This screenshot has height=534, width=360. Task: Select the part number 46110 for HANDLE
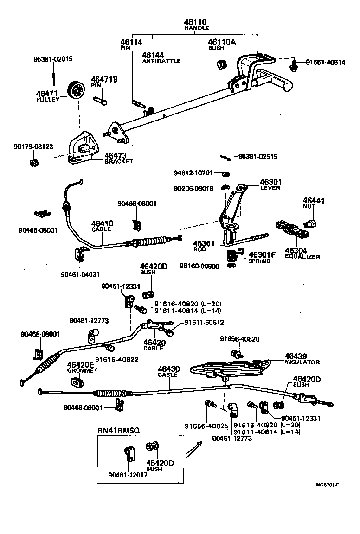[x=196, y=22]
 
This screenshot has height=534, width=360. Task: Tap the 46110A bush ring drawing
[x=222, y=63]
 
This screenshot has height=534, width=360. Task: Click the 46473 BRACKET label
[x=116, y=158]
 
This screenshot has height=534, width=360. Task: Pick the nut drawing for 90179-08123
[x=33, y=163]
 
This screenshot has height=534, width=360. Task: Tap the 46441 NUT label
[x=314, y=203]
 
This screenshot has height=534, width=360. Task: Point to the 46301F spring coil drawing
[x=232, y=255]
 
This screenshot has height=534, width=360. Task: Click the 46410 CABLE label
[x=102, y=226]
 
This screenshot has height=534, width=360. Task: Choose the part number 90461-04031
[x=80, y=274]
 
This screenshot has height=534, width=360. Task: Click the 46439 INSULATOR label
[x=302, y=359]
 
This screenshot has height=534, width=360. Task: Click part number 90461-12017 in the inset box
[x=128, y=474]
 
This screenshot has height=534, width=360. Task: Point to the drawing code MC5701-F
[x=327, y=485]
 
